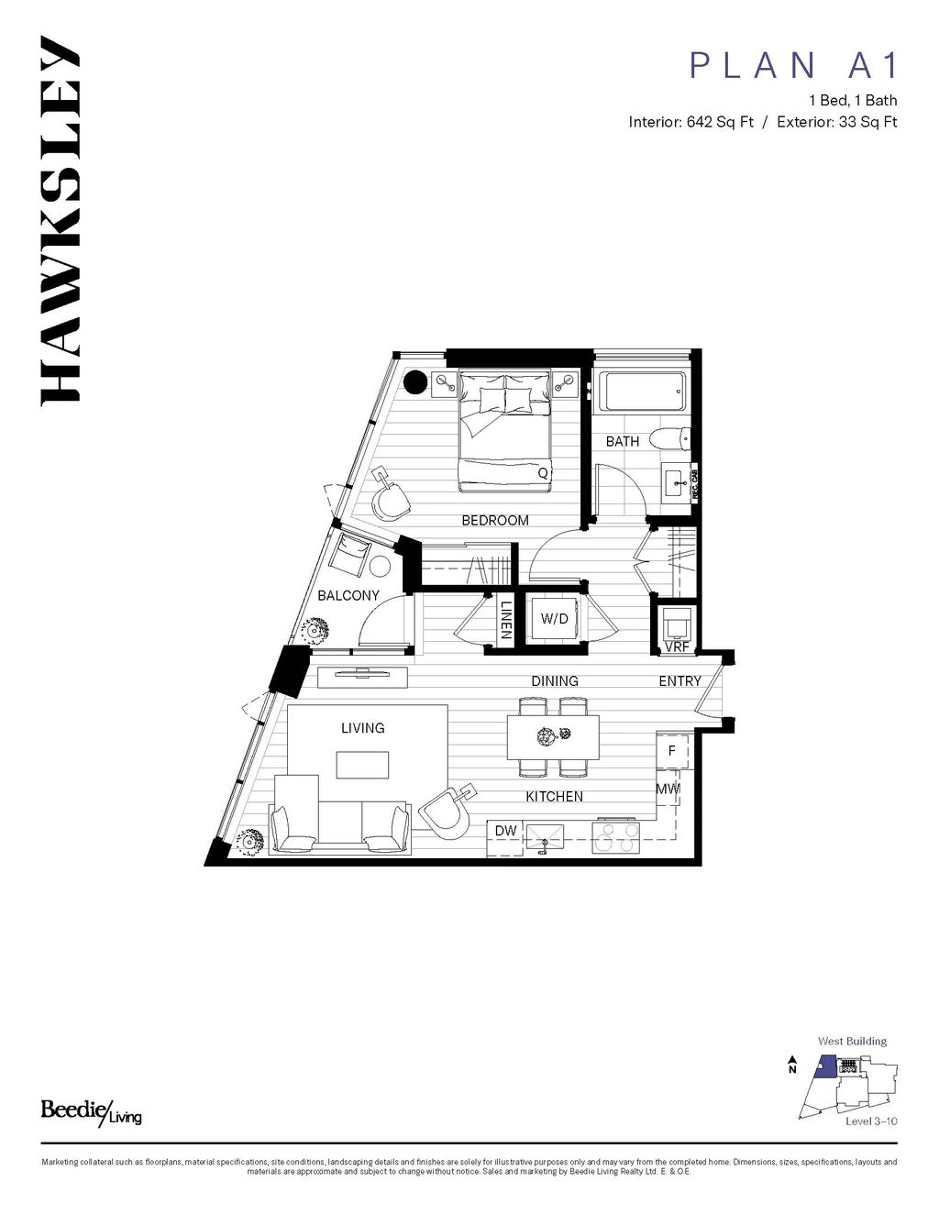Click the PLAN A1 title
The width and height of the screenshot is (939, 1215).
[794, 65]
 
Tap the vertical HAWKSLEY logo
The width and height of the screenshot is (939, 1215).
[61, 220]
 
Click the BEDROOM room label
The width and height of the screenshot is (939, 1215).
[495, 520]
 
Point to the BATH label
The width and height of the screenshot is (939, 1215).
[623, 441]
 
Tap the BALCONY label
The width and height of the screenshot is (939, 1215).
[348, 595]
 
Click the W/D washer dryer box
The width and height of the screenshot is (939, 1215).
[554, 619]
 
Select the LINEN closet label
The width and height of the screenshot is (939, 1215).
[505, 621]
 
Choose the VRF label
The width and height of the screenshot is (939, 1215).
[677, 646]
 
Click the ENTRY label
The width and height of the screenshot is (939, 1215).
[679, 680]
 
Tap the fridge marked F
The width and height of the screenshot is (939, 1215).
[672, 751]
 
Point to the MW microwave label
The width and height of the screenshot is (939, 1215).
[667, 788]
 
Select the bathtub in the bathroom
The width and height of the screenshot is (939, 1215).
[641, 392]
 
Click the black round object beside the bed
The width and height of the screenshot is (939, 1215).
[415, 381]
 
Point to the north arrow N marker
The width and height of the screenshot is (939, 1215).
[791, 1066]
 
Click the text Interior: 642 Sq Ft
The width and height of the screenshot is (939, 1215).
[691, 122]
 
